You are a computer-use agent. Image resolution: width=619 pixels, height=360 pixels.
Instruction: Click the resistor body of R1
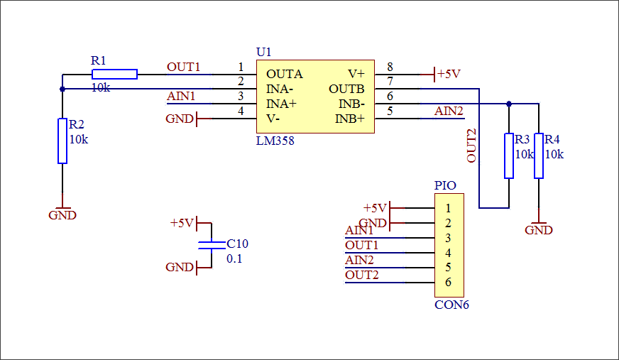tap(114, 74)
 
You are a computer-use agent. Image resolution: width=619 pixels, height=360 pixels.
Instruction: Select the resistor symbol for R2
tap(62, 141)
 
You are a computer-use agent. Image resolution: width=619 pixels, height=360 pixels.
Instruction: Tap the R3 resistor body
tap(508, 156)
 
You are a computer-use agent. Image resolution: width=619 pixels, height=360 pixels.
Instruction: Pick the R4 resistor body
tap(539, 156)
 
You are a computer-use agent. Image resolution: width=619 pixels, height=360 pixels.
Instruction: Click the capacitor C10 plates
tap(212, 245)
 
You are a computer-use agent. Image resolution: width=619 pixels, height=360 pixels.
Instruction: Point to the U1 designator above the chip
tap(263, 52)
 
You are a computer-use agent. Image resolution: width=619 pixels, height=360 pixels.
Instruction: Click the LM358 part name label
tap(275, 141)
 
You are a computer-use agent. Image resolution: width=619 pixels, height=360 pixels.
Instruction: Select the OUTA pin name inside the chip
tap(285, 74)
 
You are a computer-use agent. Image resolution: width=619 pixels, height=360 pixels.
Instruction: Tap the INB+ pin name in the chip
tap(350, 119)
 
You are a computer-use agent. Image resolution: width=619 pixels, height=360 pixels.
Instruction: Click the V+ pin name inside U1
tap(356, 74)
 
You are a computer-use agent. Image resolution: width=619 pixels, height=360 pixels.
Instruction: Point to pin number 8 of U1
tap(390, 67)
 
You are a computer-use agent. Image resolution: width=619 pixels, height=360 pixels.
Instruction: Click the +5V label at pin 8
tap(449, 74)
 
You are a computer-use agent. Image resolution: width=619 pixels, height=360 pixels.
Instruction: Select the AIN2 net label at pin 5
tap(449, 111)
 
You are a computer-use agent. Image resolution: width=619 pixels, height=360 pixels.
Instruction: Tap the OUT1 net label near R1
tap(184, 67)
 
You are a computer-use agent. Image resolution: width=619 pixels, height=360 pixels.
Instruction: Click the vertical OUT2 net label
tap(472, 146)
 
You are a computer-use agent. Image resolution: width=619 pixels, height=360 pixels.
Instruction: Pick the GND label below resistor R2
tap(62, 215)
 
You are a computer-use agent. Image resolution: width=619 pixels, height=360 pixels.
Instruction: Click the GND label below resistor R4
tap(539, 230)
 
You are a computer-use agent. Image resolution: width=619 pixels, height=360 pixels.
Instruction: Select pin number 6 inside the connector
tap(448, 283)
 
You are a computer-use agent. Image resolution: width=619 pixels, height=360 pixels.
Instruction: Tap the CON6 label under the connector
tap(451, 305)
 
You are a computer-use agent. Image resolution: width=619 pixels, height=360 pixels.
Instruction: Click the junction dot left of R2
tap(62, 89)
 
